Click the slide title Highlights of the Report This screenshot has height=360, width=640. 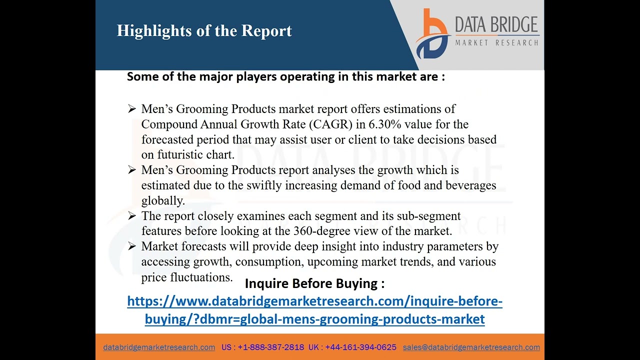(204, 31)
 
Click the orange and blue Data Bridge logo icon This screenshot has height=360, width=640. (432, 34)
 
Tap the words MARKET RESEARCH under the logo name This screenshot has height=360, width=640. (496, 43)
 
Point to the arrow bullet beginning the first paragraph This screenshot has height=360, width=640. (132, 109)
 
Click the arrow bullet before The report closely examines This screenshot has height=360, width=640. (132, 216)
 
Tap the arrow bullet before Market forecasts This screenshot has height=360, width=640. (132, 246)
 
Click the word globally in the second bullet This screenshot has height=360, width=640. (163, 200)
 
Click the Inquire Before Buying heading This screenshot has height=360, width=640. (314, 283)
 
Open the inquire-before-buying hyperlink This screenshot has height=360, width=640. (314, 310)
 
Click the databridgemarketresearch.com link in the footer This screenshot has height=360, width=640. (159, 347)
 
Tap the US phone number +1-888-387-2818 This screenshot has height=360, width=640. (270, 347)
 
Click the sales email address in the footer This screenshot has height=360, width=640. (471, 347)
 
